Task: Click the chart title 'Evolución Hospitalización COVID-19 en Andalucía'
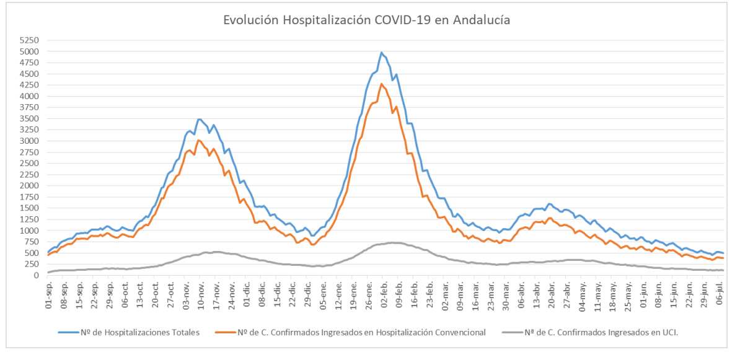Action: click(367, 20)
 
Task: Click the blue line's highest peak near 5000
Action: click(382, 53)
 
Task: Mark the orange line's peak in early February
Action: click(382, 84)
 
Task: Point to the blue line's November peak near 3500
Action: click(199, 119)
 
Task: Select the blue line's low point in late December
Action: click(313, 235)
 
